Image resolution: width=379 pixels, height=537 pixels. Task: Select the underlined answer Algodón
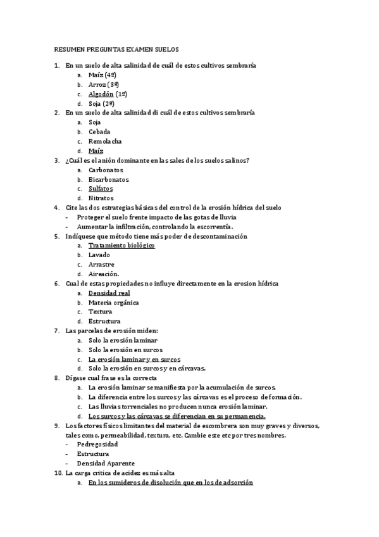point(101,94)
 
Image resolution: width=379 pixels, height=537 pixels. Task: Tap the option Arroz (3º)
point(104,84)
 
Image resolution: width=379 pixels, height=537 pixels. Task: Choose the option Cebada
point(99,132)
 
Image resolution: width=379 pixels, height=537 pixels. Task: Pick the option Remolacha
point(105,141)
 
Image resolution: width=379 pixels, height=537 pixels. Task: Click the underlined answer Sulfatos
point(101,189)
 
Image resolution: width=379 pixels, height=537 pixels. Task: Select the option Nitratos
point(101,198)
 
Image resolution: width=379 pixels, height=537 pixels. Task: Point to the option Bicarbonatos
point(108,179)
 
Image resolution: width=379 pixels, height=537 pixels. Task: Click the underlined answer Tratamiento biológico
point(121,246)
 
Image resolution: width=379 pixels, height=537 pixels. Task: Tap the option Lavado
point(99,255)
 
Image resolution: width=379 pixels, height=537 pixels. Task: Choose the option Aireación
point(104,274)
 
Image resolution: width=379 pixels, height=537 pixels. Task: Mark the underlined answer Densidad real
point(109,293)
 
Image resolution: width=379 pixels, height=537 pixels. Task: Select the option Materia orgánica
point(114,303)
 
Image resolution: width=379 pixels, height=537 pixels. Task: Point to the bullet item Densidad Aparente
point(106,463)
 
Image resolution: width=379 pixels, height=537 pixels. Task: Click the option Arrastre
point(101,265)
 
